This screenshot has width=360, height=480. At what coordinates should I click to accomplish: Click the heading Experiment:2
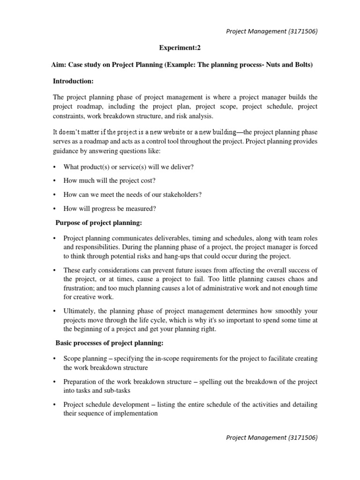click(x=180, y=48)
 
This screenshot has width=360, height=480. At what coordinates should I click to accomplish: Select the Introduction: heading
click(x=73, y=81)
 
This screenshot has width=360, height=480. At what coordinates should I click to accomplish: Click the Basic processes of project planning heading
click(x=109, y=343)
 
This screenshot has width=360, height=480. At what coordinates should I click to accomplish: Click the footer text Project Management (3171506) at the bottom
click(x=272, y=437)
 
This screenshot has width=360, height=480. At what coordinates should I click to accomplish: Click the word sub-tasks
click(x=117, y=390)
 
